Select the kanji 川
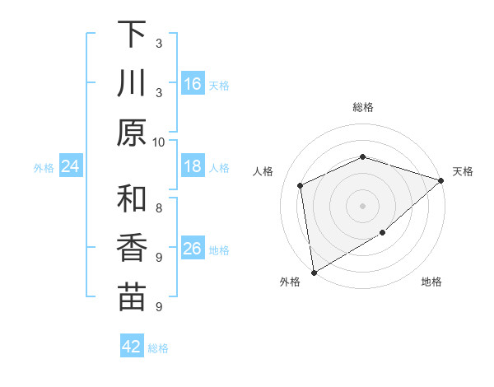click(x=132, y=82)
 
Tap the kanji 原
click(x=132, y=133)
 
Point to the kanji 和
click(x=132, y=198)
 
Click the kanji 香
click(x=132, y=248)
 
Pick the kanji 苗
click(x=132, y=297)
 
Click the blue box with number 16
click(x=193, y=84)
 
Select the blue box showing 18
click(x=193, y=166)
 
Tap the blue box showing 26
click(x=193, y=249)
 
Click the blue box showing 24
click(x=71, y=166)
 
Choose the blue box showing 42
click(x=132, y=347)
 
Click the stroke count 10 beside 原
click(x=159, y=142)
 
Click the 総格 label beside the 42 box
click(x=158, y=348)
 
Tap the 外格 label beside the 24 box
click(x=44, y=168)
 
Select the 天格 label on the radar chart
click(x=463, y=171)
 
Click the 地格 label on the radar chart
click(x=431, y=282)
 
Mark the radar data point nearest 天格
click(x=441, y=180)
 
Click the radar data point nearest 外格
click(x=314, y=273)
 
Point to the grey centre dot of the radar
click(x=362, y=205)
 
